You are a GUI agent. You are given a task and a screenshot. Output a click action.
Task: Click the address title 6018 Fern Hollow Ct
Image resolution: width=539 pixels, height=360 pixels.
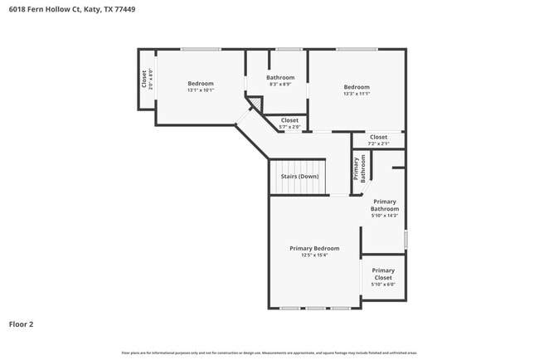pos(66,9)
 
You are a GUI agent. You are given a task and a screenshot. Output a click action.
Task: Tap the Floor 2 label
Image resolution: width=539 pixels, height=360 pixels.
pos(22,324)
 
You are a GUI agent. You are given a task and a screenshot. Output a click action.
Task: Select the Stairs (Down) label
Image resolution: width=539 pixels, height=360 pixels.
pos(299,176)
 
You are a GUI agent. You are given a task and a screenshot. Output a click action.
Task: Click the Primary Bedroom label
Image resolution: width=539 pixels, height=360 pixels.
pos(314,248)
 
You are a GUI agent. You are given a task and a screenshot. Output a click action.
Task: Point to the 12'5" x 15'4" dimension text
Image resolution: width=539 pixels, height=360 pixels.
pos(314,255)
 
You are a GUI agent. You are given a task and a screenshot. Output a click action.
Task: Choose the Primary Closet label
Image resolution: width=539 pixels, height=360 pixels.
pos(383,274)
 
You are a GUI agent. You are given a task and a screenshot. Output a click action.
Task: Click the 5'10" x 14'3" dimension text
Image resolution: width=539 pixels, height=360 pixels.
pos(385,216)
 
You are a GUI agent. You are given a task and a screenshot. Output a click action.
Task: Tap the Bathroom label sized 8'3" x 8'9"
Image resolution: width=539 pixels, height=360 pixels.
pos(280,77)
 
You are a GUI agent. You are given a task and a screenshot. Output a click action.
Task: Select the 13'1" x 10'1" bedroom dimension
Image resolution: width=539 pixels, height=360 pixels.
pos(200,90)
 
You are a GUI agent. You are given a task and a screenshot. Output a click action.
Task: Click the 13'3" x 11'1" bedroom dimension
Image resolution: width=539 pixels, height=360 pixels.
pos(357,94)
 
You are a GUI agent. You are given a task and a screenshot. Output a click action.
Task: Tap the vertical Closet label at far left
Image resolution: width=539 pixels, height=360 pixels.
pos(144,79)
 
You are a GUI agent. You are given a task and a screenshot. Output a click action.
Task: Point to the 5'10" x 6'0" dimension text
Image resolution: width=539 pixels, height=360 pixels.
pos(383,285)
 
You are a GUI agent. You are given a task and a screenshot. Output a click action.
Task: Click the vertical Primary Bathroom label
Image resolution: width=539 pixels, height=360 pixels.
pos(360,168)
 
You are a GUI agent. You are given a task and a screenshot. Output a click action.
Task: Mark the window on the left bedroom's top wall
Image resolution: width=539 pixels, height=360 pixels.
pos(200,49)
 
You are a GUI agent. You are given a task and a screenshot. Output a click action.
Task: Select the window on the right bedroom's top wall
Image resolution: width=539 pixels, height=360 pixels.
pos(357,49)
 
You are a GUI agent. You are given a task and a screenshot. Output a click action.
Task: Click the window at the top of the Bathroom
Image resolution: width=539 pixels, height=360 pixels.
pos(288,49)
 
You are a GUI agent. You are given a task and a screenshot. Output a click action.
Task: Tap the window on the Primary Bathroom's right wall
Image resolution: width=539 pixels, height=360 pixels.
pos(405,238)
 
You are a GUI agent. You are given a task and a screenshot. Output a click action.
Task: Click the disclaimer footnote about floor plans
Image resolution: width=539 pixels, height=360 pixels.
pos(269,353)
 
